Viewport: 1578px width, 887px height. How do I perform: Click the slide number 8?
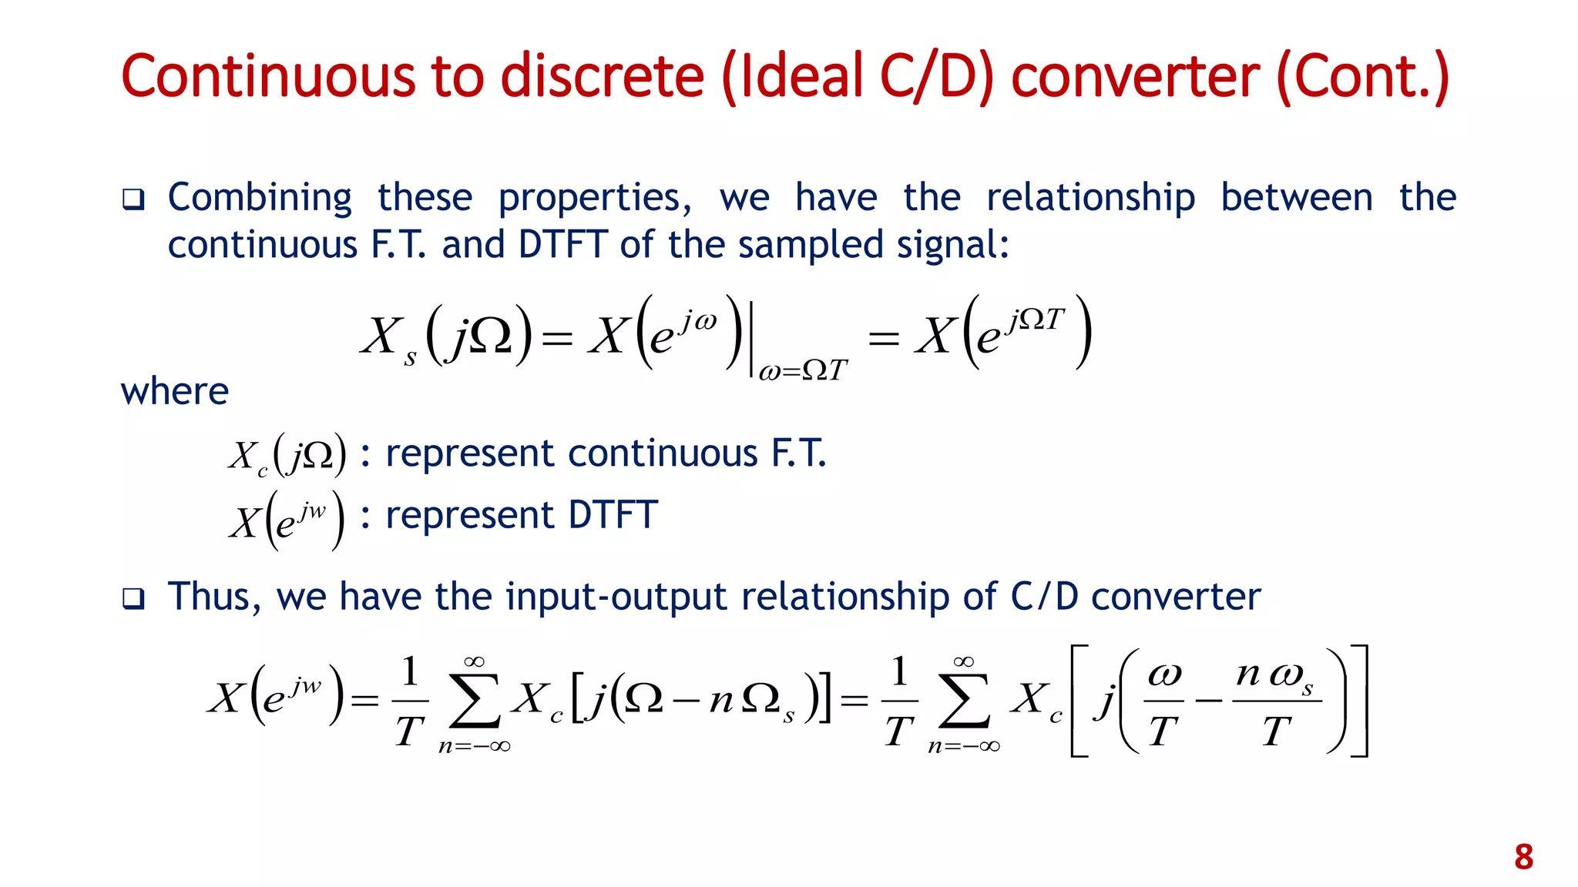coord(1523,857)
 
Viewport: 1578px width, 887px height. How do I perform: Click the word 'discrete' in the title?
coord(603,76)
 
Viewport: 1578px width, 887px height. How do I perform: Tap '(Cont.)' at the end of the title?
coord(1362,76)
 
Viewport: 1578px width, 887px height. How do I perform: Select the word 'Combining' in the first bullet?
coord(260,198)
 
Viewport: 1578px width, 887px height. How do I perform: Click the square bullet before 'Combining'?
coord(133,200)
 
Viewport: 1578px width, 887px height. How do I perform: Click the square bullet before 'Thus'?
coord(133,598)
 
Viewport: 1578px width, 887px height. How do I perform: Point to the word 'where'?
coord(175,391)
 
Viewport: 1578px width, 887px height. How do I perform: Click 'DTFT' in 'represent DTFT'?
coord(613,515)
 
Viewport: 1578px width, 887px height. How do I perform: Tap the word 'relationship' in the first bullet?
coord(1090,198)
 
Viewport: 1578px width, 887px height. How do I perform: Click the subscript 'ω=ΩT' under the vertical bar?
coord(802,371)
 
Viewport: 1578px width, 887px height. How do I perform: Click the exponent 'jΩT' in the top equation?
coord(1036,319)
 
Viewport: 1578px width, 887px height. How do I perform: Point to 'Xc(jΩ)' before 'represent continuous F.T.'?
coord(287,455)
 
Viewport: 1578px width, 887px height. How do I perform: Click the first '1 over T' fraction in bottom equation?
coord(410,701)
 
